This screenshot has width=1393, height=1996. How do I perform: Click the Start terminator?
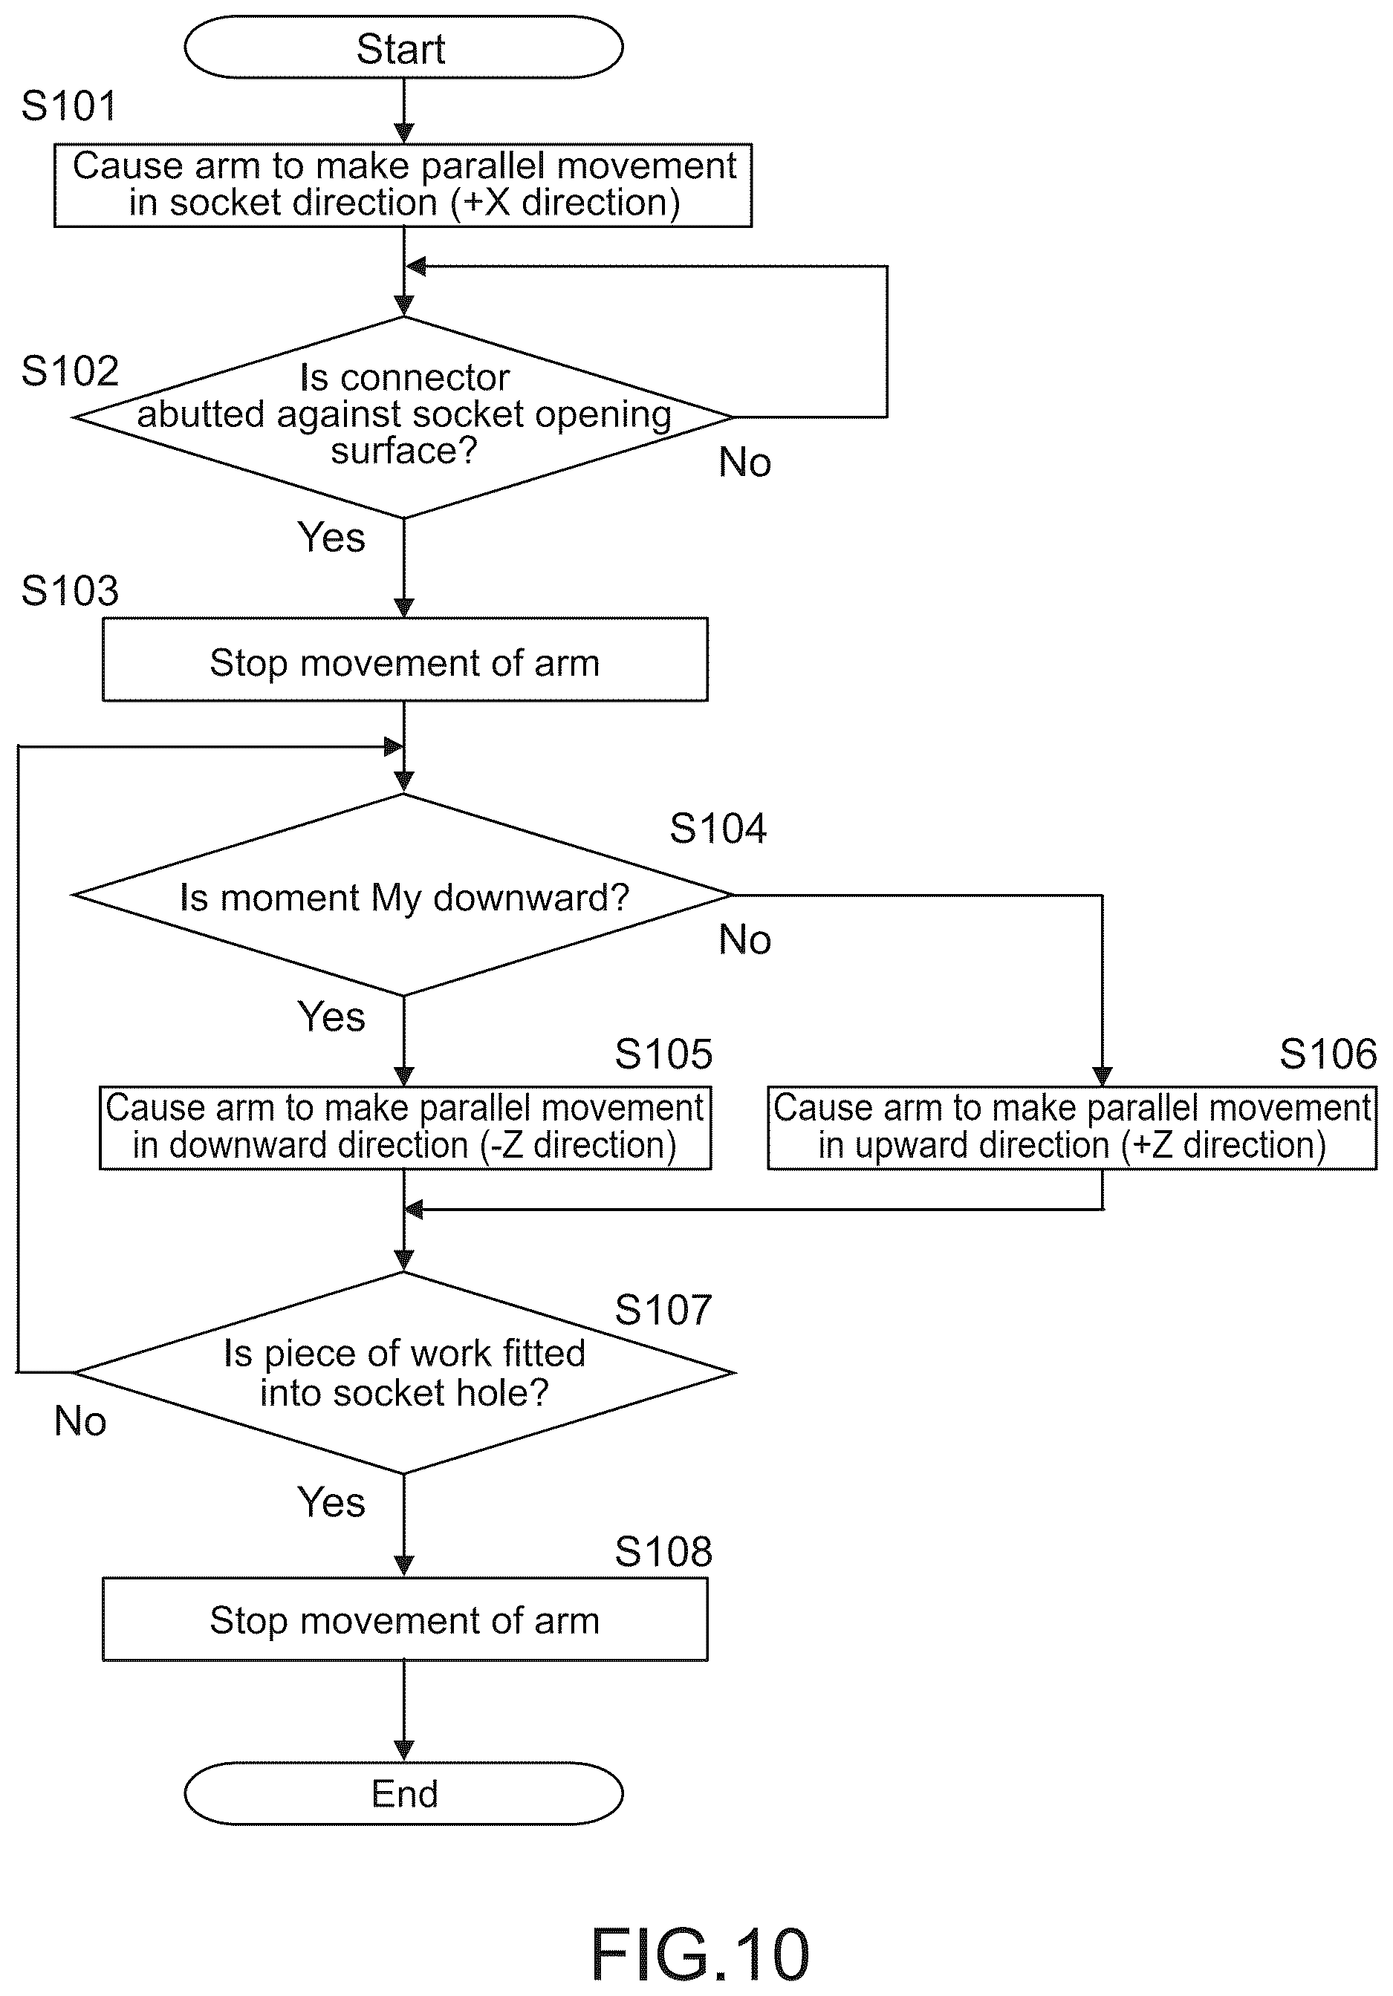coord(403,48)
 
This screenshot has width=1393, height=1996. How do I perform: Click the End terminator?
coord(403,1793)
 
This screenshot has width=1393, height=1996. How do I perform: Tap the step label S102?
coord(70,371)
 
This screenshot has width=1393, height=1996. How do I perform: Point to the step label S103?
coord(70,591)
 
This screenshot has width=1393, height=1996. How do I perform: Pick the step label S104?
coord(718,829)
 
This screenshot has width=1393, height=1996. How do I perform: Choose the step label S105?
coord(663,1054)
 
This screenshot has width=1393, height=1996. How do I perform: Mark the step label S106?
coord(1328,1054)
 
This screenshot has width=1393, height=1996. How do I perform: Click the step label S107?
coord(663,1309)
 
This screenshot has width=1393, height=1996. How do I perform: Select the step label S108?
coord(663,1551)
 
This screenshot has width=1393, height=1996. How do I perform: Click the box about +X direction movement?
coord(403,185)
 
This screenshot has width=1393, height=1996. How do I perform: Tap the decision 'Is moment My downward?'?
coord(403,895)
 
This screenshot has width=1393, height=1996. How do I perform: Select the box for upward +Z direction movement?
coord(1072,1127)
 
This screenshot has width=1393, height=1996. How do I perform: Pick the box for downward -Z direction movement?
coord(405,1127)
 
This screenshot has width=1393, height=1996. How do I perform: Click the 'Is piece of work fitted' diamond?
coord(403,1373)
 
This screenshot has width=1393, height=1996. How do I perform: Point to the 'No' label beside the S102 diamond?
coord(745,463)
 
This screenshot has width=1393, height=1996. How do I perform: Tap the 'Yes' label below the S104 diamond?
coord(331,1017)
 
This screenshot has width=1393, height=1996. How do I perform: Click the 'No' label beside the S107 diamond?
coord(80,1421)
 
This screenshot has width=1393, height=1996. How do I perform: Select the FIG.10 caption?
coord(700,1954)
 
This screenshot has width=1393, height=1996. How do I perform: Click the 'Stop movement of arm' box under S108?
coord(405,1620)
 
